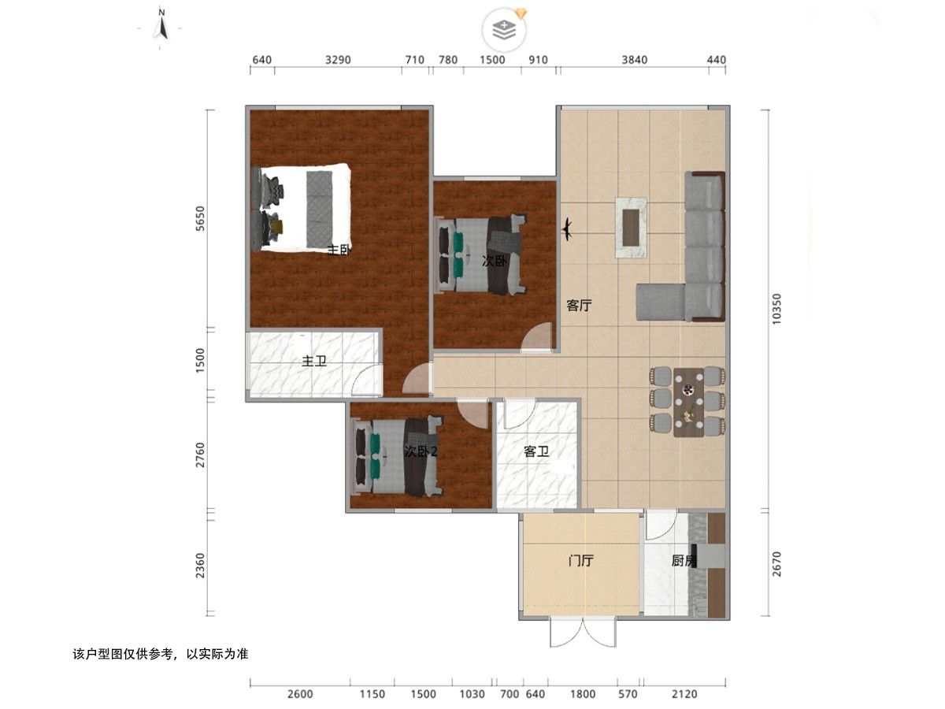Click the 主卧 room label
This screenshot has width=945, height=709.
click(x=339, y=250)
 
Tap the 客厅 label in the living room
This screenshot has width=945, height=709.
click(x=579, y=306)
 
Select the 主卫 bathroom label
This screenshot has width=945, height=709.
click(x=314, y=361)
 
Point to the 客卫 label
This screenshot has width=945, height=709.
click(x=536, y=451)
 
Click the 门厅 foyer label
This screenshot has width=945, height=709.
click(x=580, y=560)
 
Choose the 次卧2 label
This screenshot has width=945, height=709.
click(x=421, y=451)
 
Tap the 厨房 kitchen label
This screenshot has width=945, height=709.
click(x=684, y=560)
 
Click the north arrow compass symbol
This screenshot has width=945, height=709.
click(x=162, y=26)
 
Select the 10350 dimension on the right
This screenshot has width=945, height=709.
click(x=776, y=309)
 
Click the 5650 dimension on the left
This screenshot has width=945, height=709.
click(x=201, y=218)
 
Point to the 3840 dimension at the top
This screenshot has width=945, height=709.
click(x=634, y=60)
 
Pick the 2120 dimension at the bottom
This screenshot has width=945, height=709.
click(x=684, y=694)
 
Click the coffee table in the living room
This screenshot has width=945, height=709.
click(x=631, y=228)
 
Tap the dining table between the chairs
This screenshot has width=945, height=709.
click(x=689, y=403)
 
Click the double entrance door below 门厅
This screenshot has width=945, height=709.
click(x=583, y=633)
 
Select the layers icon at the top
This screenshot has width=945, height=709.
click(x=504, y=30)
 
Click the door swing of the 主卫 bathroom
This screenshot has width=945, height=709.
click(x=366, y=380)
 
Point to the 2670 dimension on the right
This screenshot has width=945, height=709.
click(x=776, y=564)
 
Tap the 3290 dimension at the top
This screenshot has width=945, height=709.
click(x=338, y=60)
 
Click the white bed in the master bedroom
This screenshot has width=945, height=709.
click(x=302, y=207)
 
